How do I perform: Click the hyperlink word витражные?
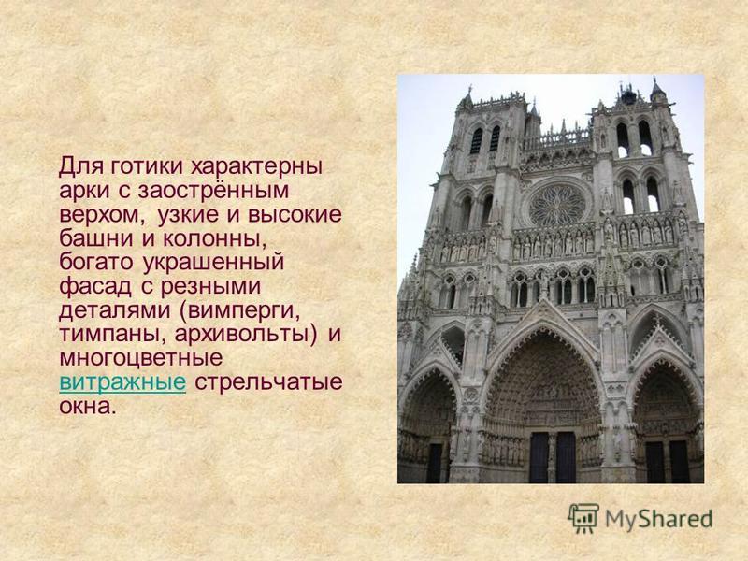point(122,382)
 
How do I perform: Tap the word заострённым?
point(213,192)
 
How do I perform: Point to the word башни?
point(96,238)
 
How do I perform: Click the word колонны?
point(214,239)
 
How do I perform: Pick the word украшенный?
point(213,263)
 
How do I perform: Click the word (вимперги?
point(240,311)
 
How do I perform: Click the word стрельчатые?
point(268,383)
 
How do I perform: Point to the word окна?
point(87,407)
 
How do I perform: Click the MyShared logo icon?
point(583,518)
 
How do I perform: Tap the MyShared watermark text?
point(659,519)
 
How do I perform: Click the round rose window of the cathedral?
point(556,206)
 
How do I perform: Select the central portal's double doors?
point(553,457)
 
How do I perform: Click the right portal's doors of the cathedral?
point(668,461)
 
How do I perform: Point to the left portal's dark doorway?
point(435,463)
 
